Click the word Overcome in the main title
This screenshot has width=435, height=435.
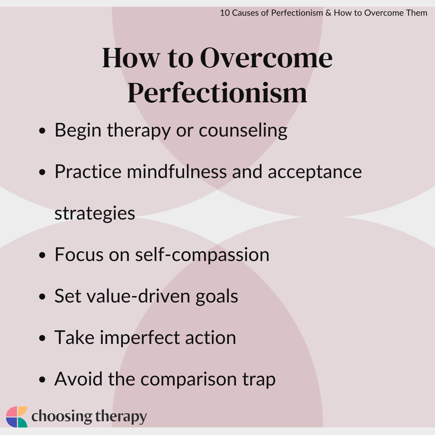(x=266, y=58)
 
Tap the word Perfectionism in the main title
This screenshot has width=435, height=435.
(x=217, y=93)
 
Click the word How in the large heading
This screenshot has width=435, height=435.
(x=131, y=58)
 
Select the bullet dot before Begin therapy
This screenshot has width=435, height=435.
(x=42, y=130)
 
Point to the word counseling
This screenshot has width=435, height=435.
(x=243, y=130)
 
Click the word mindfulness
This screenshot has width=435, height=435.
(x=177, y=172)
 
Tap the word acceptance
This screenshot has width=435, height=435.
(x=315, y=172)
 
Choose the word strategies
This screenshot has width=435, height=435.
(x=95, y=213)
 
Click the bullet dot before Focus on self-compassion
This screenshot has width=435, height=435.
(x=42, y=255)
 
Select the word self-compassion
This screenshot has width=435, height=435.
(x=202, y=255)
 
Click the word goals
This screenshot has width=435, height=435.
(x=217, y=297)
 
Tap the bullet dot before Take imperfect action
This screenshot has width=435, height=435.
(x=42, y=338)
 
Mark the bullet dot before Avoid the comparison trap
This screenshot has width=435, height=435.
(x=42, y=379)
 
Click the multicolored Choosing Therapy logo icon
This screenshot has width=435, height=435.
(x=17, y=417)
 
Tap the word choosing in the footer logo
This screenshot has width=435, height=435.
(x=62, y=417)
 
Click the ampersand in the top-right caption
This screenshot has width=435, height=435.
(x=328, y=13)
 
